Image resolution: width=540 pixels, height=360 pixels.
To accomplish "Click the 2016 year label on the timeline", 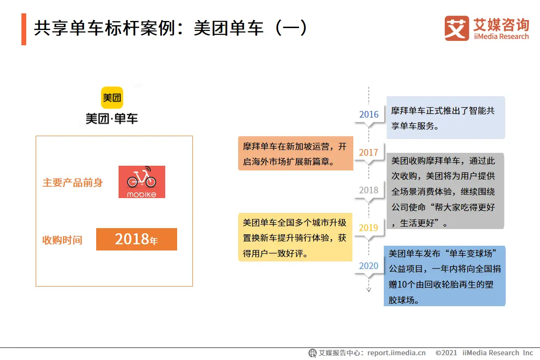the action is (x=369, y=114).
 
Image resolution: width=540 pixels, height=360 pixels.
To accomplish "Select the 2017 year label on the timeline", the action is (x=369, y=152).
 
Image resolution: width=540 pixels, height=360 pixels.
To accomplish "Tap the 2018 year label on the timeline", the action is (x=369, y=190).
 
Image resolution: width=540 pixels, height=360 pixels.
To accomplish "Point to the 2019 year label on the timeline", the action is (x=369, y=228).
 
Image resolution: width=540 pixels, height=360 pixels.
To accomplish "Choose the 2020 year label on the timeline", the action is (x=369, y=266).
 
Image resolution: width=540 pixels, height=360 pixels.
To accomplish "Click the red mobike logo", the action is (x=142, y=182).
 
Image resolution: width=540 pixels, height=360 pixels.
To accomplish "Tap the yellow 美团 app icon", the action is (x=112, y=98).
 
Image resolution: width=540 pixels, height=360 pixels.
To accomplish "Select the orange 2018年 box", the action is (x=136, y=239).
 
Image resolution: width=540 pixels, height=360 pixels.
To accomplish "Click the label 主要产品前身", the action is (x=73, y=182).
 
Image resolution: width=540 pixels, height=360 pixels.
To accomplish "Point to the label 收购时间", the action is (x=62, y=240).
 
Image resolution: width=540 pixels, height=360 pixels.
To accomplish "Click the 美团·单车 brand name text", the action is (x=111, y=119).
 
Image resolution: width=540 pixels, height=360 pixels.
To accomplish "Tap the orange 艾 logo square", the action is (x=457, y=28).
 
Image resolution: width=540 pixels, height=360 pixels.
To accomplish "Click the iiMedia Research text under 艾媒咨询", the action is (x=501, y=37).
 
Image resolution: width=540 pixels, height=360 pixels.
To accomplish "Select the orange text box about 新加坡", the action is (x=296, y=153).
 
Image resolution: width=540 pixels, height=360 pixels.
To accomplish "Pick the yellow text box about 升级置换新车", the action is (x=295, y=237).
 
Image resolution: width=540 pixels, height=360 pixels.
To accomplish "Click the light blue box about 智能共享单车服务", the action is (x=446, y=118).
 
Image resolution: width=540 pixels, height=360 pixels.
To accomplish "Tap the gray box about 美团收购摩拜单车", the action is (x=445, y=191).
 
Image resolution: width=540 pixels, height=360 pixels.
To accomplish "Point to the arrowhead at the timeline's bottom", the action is (x=369, y=290).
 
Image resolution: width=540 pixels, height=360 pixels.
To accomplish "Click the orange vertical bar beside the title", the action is (x=24, y=29).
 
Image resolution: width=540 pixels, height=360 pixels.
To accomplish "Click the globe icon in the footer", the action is (x=312, y=353).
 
